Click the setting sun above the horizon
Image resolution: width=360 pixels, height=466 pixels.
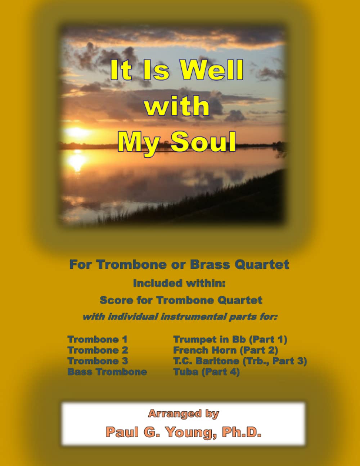(x=76, y=133)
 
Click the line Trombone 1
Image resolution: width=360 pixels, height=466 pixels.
(x=97, y=339)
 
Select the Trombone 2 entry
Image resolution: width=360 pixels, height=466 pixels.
(x=98, y=350)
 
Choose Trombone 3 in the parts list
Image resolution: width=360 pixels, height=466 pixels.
(x=98, y=361)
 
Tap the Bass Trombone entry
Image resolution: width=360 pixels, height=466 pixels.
(x=107, y=372)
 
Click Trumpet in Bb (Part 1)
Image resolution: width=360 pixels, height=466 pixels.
(x=230, y=339)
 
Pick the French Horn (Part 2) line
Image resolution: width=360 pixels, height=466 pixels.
(x=225, y=350)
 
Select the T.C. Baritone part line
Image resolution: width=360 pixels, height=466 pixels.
(x=240, y=361)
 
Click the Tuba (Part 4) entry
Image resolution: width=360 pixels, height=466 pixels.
(x=206, y=372)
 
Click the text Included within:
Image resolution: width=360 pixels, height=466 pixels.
(x=179, y=283)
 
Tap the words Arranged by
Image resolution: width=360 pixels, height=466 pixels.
(x=183, y=414)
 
